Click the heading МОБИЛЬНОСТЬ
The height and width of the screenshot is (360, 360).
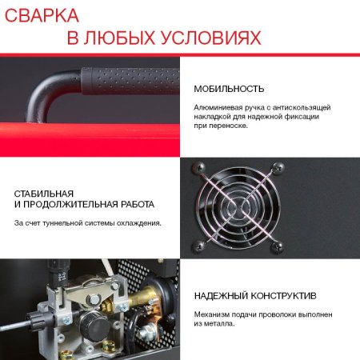tap(229, 89)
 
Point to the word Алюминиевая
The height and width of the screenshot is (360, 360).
tap(218, 106)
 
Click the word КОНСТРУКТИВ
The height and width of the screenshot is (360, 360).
tap(287, 295)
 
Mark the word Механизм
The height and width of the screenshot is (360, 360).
tap(214, 314)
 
